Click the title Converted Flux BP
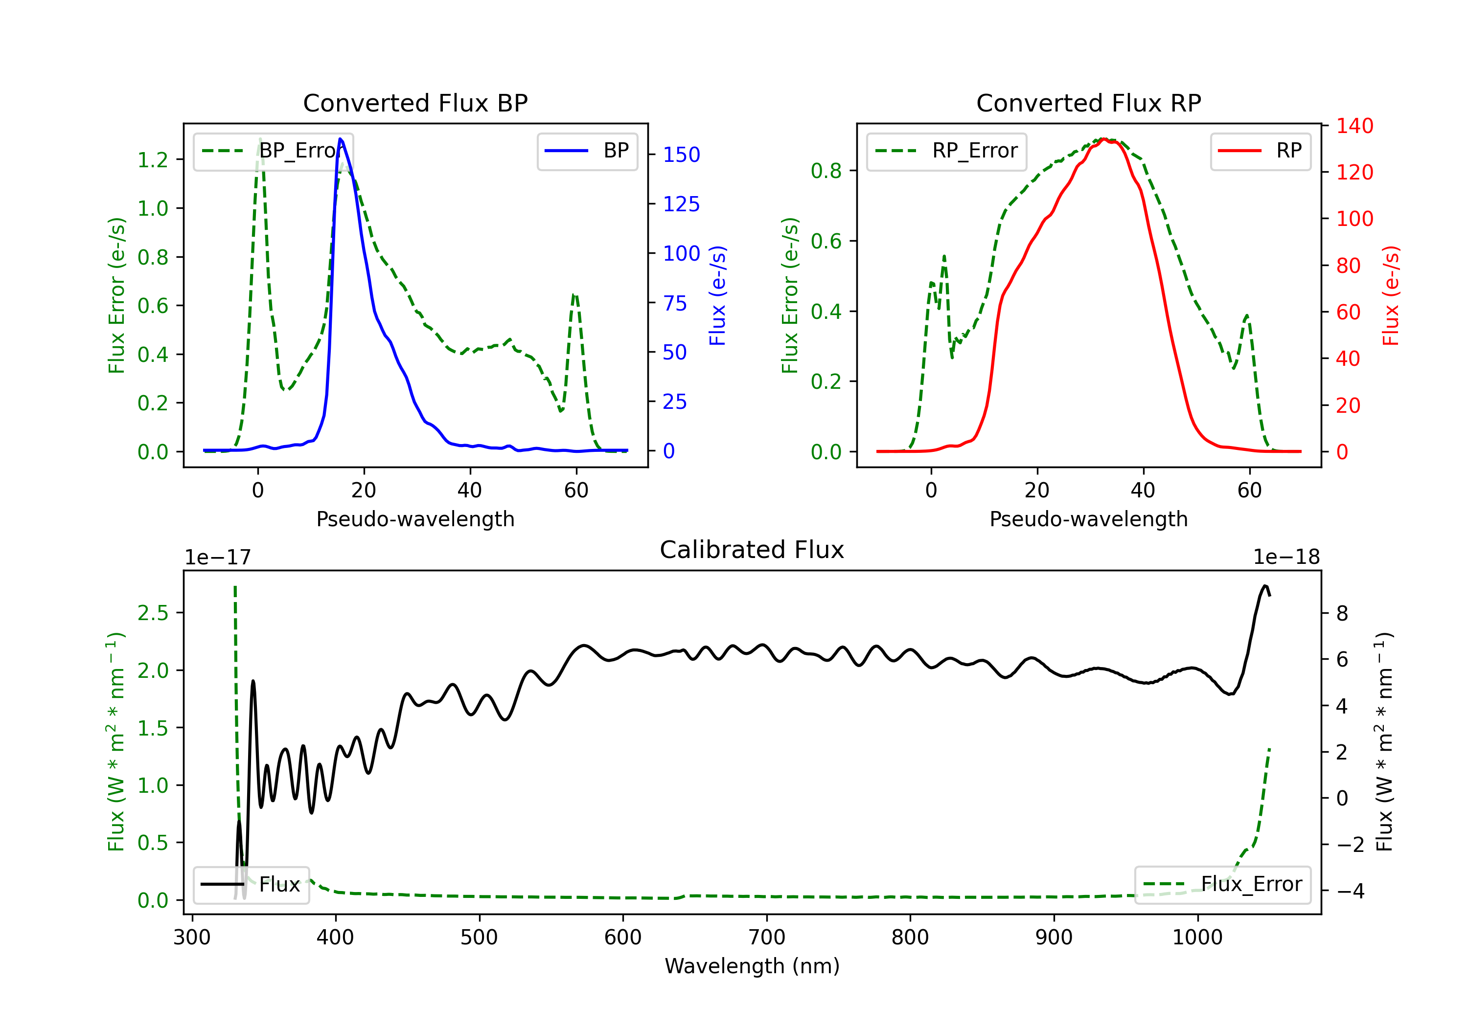(415, 103)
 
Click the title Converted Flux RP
(1088, 103)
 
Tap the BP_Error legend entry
(273, 151)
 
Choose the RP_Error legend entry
(946, 151)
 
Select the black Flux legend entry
(252, 885)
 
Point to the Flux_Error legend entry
(1222, 885)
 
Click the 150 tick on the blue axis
(681, 155)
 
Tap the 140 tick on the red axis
(1354, 126)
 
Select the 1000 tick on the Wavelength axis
(1197, 937)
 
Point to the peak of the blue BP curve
(340, 139)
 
